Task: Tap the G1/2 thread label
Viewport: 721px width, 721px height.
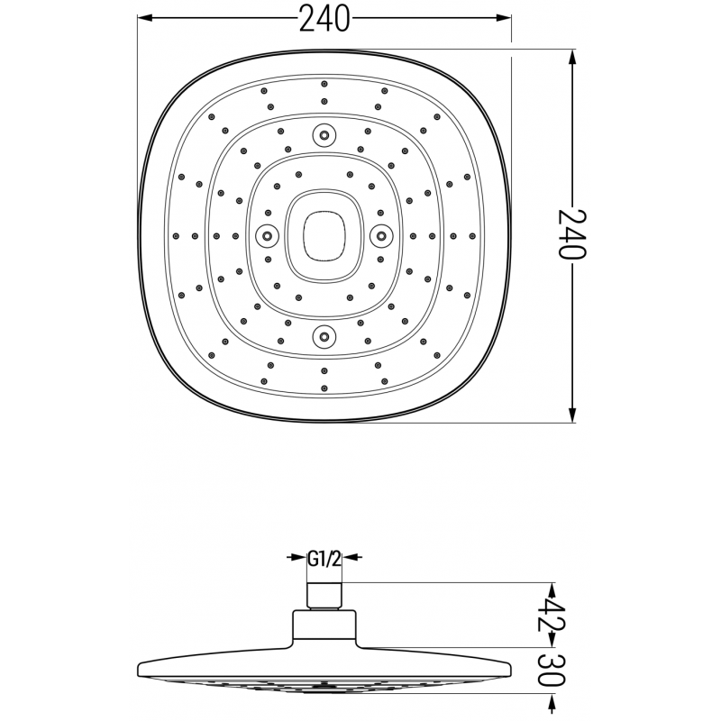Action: pos(324,559)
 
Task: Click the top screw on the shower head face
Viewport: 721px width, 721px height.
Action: pos(323,135)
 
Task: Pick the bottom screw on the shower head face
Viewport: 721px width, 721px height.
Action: pos(323,337)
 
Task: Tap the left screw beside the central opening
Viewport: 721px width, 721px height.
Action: pos(266,235)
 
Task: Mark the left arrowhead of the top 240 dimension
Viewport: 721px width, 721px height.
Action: pos(144,17)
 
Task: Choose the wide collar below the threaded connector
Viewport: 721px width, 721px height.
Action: pos(324,626)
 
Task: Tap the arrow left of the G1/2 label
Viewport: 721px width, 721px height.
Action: pos(297,559)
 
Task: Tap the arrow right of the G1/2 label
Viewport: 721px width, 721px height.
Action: pos(351,559)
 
